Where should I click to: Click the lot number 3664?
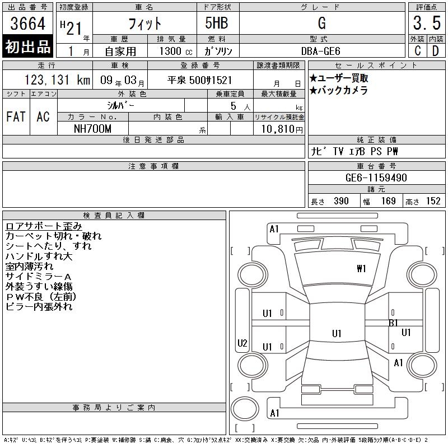pyautogui.click(x=27, y=24)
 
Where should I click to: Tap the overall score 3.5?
pyautogui.click(x=427, y=23)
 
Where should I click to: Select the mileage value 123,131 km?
pyautogui.click(x=57, y=80)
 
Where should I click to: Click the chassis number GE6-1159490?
pyautogui.click(x=376, y=178)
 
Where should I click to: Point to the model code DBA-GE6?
pyautogui.click(x=320, y=51)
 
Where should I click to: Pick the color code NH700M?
pyautogui.click(x=92, y=129)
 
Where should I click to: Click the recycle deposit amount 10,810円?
pyautogui.click(x=282, y=129)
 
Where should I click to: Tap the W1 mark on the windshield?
pyautogui.click(x=361, y=269)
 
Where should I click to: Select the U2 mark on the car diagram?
pyautogui.click(x=242, y=343)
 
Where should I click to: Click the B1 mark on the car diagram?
pyautogui.click(x=394, y=323)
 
